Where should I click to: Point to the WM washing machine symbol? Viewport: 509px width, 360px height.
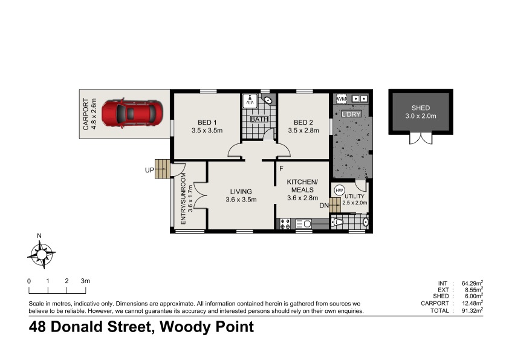click(x=341, y=99)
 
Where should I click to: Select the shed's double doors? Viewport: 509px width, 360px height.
click(x=421, y=137)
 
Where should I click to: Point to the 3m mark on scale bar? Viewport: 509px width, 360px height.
click(x=85, y=281)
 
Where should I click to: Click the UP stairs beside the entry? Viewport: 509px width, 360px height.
click(x=161, y=169)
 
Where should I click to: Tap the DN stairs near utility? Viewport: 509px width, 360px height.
click(x=336, y=205)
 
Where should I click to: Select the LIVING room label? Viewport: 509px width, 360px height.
click(x=241, y=192)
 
